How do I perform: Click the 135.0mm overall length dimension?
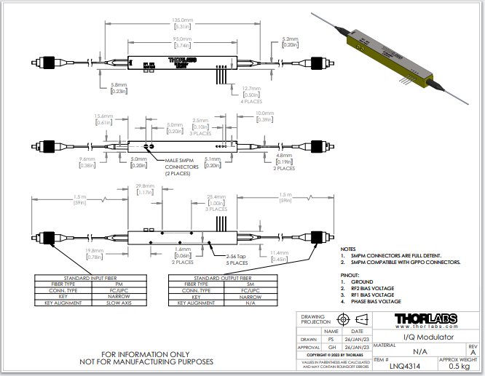(181, 22)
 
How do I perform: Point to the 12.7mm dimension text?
(252, 88)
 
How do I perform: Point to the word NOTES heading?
(349, 249)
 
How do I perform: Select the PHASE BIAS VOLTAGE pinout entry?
(376, 301)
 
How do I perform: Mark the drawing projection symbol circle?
(344, 319)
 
